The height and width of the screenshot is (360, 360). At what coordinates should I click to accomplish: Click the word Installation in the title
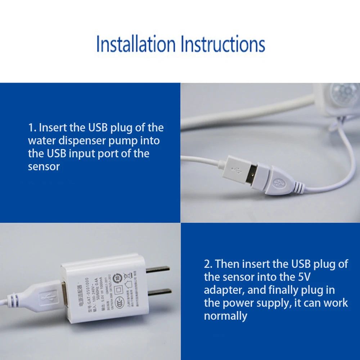point(136,44)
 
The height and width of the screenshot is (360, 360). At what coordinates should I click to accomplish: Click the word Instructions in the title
point(223,44)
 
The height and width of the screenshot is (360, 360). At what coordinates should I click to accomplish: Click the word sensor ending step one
point(44,166)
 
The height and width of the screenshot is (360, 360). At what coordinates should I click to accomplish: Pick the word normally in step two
point(225,316)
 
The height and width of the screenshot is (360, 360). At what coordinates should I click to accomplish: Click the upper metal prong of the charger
point(157,269)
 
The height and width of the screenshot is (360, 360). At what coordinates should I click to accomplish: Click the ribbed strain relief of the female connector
point(297,186)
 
